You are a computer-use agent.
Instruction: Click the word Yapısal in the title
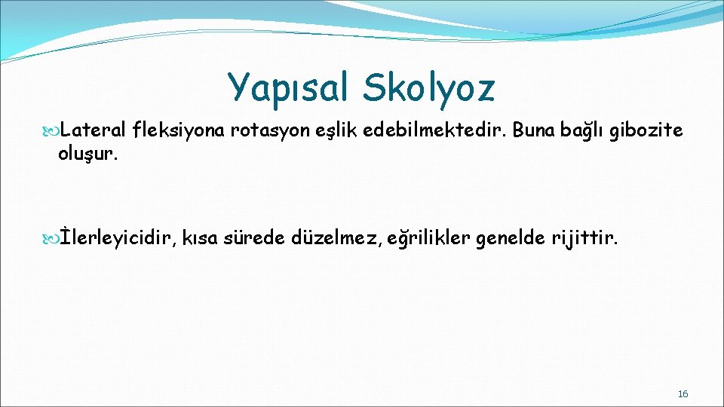coord(289,87)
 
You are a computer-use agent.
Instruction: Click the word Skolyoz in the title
coord(428,87)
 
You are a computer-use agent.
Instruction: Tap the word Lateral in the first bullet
coord(94,131)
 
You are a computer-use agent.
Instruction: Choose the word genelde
coord(512,239)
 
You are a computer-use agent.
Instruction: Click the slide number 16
coord(683,394)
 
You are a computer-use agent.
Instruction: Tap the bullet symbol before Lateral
coord(51,132)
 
